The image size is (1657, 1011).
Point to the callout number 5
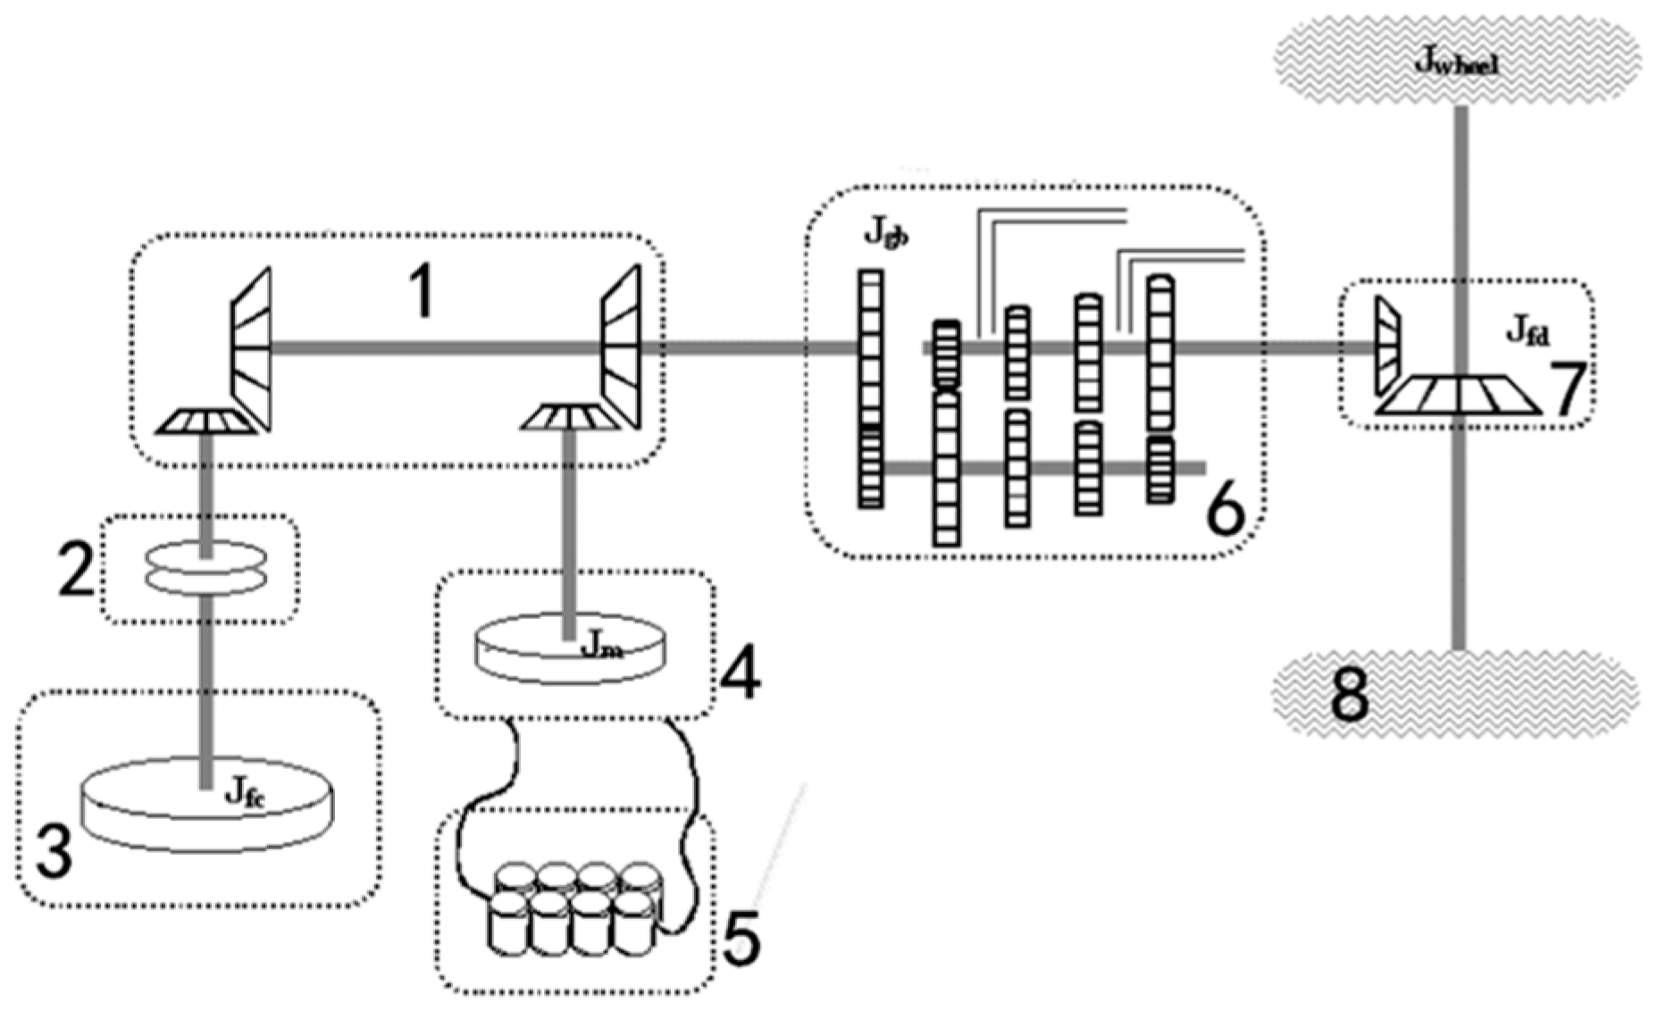[x=741, y=938]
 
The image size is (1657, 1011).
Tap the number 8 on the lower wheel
[x=1350, y=696]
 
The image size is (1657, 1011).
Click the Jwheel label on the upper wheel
[x=1456, y=63]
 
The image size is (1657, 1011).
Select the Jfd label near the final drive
[x=1528, y=332]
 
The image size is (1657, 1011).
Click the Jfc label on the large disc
[x=244, y=792]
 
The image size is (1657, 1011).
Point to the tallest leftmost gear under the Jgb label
[x=871, y=389]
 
